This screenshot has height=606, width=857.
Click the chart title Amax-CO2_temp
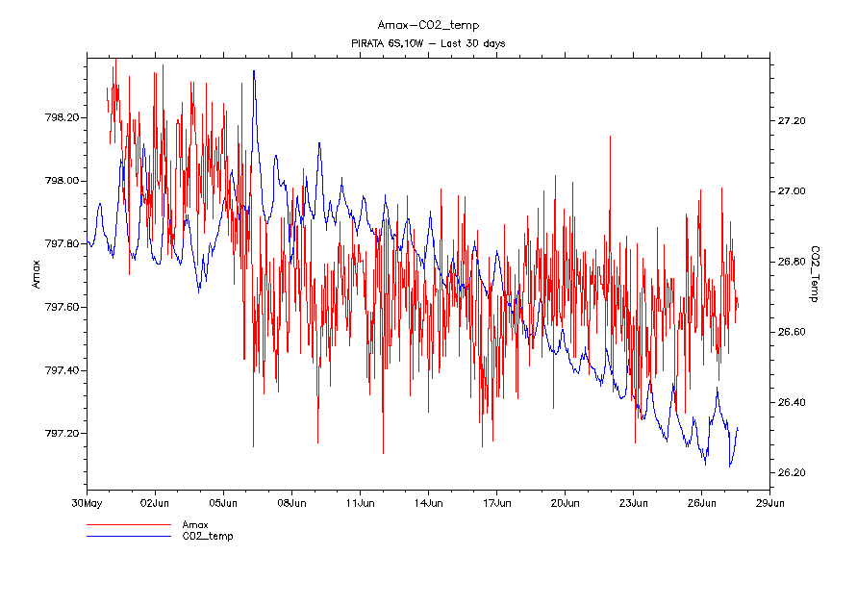click(x=429, y=25)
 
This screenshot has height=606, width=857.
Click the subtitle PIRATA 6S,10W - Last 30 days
click(x=429, y=44)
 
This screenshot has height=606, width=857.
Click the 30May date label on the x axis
click(x=87, y=502)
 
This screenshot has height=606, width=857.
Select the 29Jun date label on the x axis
click(x=769, y=502)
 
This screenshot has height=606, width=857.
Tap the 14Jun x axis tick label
click(x=428, y=502)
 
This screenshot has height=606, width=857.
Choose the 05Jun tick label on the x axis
click(x=223, y=502)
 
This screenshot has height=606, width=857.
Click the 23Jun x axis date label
click(x=633, y=502)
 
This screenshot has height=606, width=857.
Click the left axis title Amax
click(x=37, y=274)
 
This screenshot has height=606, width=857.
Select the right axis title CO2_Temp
click(x=815, y=274)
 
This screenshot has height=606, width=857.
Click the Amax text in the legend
click(x=196, y=524)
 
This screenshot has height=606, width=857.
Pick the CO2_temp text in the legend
click(x=208, y=536)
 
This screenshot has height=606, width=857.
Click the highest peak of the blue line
click(x=254, y=70)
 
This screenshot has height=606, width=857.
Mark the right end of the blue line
click(x=738, y=427)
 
